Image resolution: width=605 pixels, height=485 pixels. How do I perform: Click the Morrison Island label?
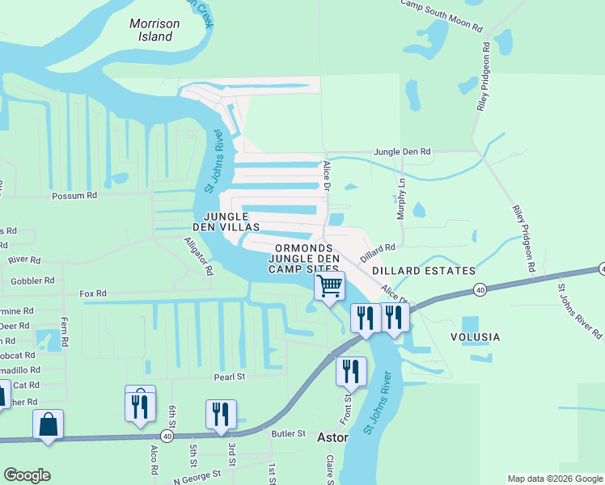coord(154,30)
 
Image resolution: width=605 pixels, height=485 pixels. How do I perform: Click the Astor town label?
coord(332,437)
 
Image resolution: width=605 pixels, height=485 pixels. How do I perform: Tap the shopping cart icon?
coord(329,286)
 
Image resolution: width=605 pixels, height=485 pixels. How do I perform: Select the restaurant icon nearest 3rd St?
coord(221,414)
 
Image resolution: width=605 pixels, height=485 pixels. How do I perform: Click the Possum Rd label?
coord(74,196)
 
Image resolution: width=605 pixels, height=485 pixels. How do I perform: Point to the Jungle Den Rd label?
coord(402,151)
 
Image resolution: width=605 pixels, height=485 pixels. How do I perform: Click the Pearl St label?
coord(229,377)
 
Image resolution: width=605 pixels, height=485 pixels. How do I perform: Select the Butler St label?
coord(289,433)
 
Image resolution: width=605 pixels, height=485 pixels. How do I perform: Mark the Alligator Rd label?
coord(198,256)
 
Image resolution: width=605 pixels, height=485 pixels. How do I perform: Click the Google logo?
coord(27,475)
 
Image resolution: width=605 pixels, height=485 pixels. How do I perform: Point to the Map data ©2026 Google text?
coord(554,479)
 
